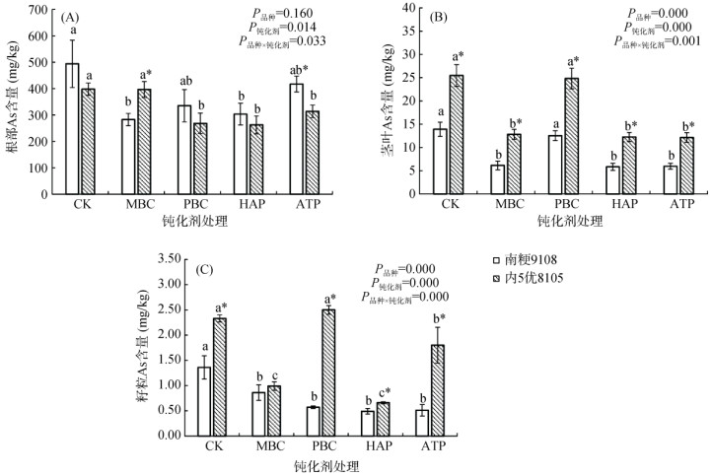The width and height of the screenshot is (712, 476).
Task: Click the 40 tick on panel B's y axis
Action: click(413, 10)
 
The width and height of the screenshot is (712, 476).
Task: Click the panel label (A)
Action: click(69, 18)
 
